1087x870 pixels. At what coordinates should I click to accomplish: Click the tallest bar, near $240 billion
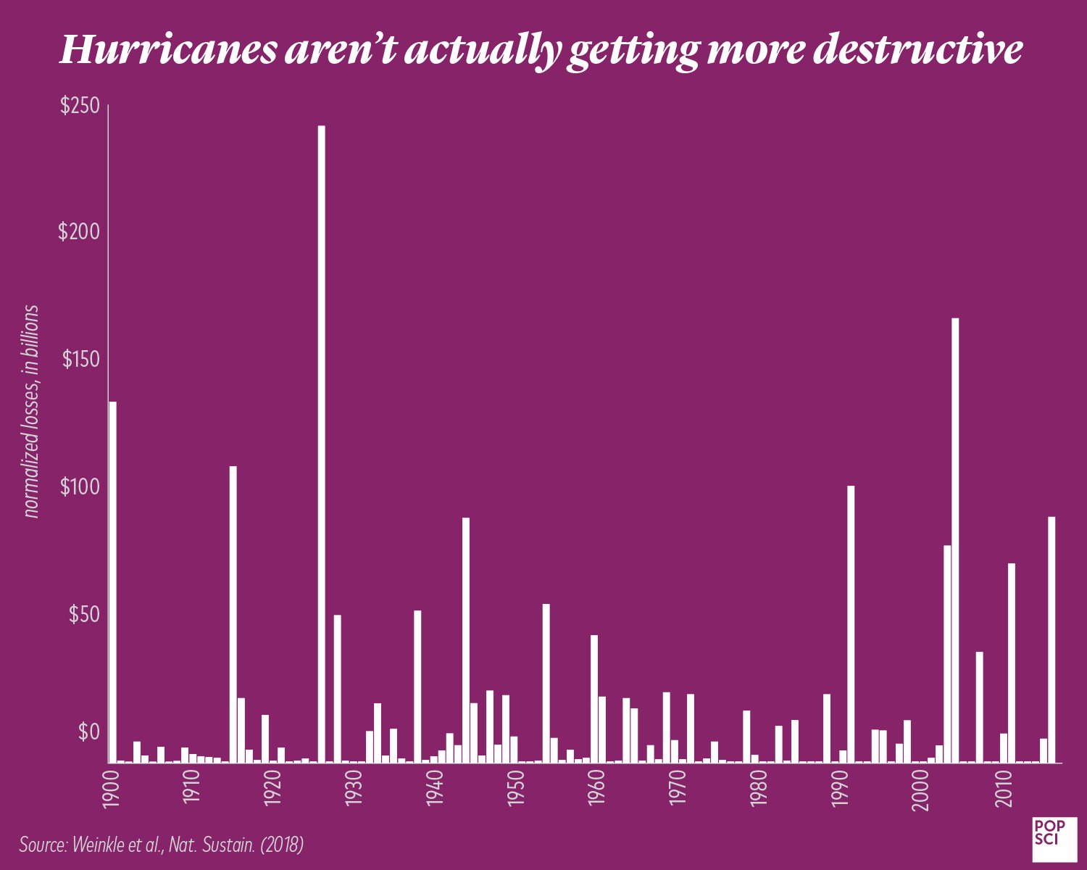[x=321, y=444]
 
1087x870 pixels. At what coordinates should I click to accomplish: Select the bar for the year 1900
[x=112, y=581]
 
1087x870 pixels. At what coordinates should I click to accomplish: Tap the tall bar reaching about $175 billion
[x=955, y=540]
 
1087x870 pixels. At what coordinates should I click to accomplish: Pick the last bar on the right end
[x=1051, y=639]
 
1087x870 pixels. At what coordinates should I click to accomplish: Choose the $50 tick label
[x=83, y=614]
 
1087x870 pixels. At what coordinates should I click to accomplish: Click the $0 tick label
[x=88, y=733]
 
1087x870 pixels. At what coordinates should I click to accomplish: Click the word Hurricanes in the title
[x=167, y=49]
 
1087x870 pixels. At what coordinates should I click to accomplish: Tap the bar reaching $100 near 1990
[x=851, y=623]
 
